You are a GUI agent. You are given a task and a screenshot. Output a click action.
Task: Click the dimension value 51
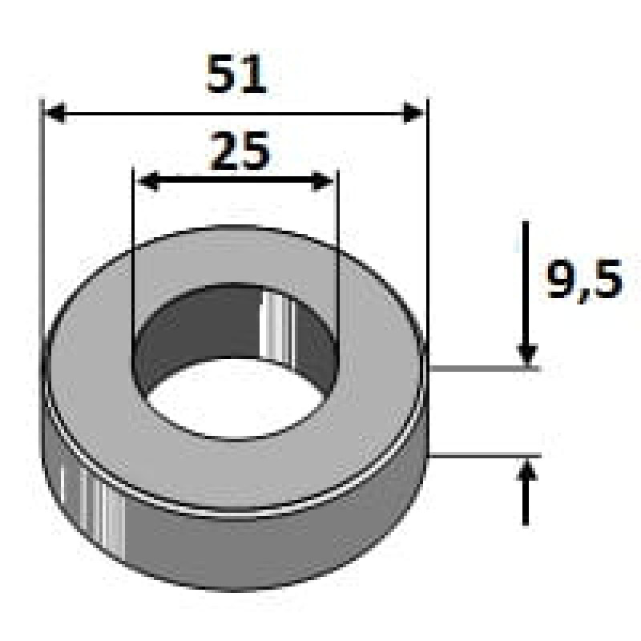pos(236,75)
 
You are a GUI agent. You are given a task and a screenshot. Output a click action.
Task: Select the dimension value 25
pos(240,151)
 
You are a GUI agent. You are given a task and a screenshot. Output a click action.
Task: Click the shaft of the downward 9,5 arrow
pos(526,280)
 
